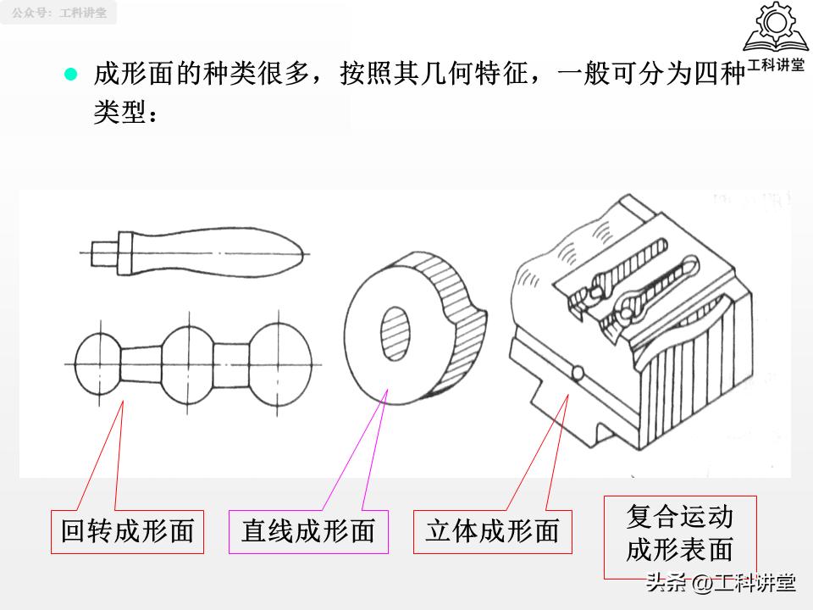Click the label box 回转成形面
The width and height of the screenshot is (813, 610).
[x=127, y=531]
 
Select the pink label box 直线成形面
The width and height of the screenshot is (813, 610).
[x=308, y=531]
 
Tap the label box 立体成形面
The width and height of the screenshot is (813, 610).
[x=492, y=531]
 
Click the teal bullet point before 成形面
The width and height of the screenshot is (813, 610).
[x=71, y=74]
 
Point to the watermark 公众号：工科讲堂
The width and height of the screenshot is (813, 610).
[x=58, y=13]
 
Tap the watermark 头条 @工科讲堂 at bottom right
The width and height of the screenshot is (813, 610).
[x=719, y=583]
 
